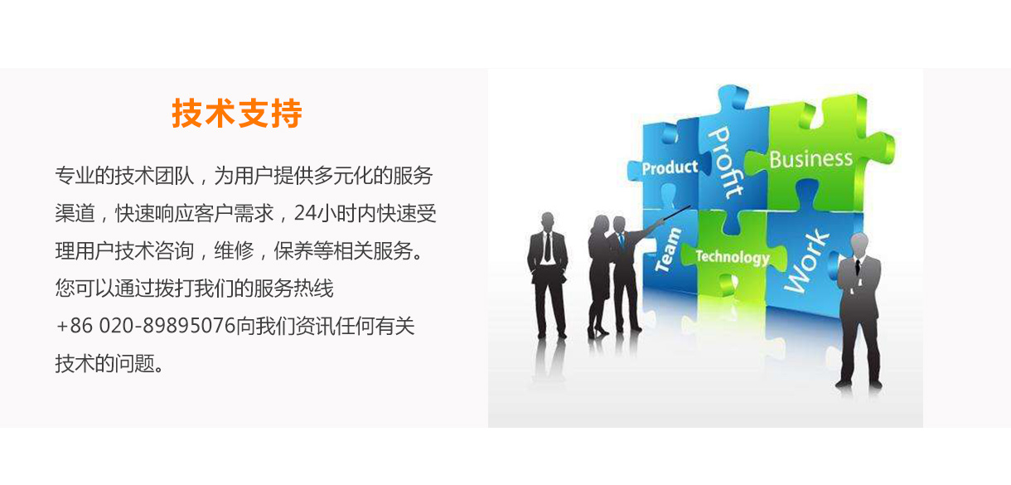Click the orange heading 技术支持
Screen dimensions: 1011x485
[236, 114]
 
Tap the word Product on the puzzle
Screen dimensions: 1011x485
[670, 167]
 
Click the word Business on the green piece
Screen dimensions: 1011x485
[811, 159]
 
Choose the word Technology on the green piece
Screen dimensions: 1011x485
[733, 257]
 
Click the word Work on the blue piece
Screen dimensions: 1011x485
[806, 261]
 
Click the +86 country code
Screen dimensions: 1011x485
[74, 326]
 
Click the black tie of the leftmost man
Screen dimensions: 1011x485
[548, 247]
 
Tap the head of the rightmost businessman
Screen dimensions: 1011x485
[859, 245]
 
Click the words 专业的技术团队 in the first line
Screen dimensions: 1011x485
[124, 176]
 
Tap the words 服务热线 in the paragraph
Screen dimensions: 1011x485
[293, 289]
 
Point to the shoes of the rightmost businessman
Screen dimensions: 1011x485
[859, 385]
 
